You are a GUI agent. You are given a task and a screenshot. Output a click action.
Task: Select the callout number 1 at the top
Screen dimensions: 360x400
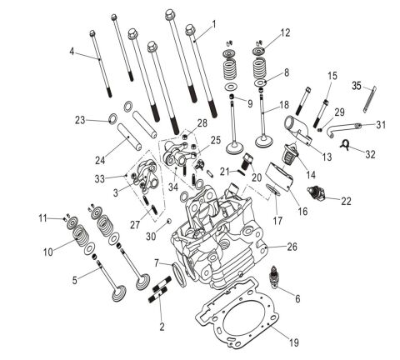[x=213, y=23]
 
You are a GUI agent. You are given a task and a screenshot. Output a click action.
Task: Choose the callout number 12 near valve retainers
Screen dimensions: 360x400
[x=286, y=33]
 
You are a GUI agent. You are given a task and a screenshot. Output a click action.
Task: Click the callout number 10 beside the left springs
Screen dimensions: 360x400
[x=47, y=251]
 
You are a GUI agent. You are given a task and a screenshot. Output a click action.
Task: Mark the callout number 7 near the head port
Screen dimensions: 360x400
[x=157, y=263]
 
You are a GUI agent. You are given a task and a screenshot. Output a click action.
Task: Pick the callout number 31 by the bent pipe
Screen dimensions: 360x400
[x=381, y=125]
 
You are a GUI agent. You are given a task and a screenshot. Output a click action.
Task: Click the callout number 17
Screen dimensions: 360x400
[x=278, y=220]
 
